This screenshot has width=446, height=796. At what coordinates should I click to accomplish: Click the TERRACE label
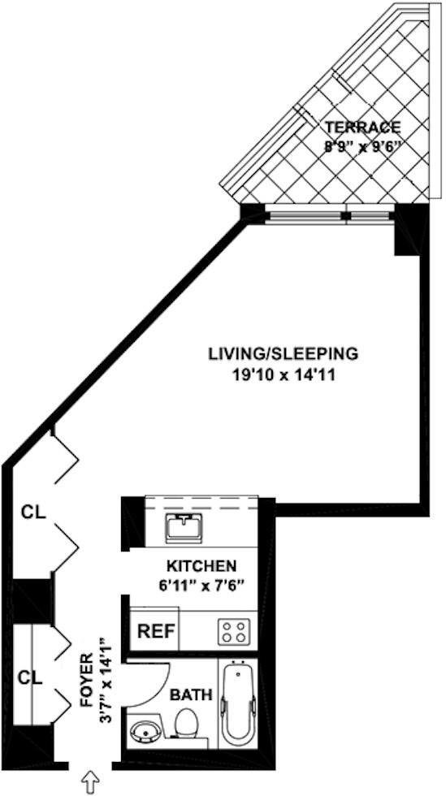362,127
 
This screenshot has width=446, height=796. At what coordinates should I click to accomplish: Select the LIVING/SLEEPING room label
284,354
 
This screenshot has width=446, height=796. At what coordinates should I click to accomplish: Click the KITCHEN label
201,565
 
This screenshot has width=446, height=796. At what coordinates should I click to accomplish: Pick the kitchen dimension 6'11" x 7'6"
201,584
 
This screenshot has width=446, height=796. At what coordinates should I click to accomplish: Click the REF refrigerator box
154,631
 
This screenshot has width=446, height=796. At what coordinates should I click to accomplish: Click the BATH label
191,696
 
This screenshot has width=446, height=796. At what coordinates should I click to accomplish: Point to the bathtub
239,703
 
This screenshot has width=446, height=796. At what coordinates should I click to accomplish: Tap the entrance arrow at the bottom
90,783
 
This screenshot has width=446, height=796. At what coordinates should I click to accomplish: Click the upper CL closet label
33,513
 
